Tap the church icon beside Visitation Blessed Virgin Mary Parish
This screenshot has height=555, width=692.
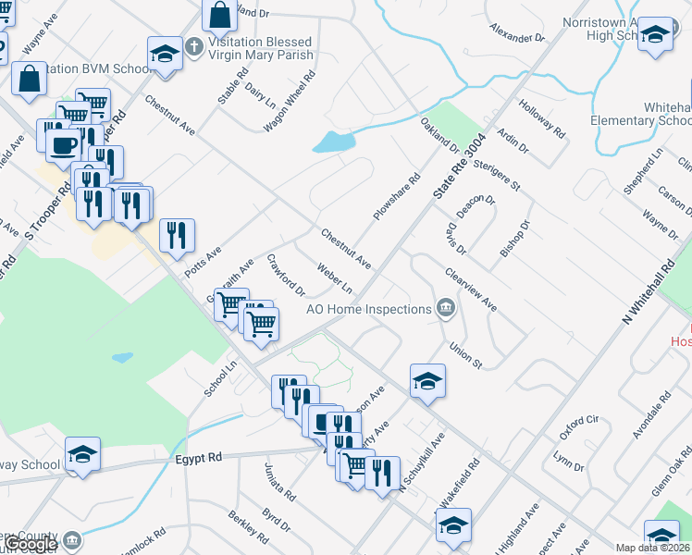193,43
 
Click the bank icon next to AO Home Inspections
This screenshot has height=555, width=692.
445,308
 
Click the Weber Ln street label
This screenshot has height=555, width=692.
334,276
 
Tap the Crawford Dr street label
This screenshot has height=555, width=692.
286,275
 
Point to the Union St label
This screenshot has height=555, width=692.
466,355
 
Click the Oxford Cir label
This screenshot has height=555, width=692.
579,427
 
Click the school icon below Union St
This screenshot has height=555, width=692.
428,380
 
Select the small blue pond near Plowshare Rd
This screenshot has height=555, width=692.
334,142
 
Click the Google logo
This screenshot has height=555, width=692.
31,545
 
